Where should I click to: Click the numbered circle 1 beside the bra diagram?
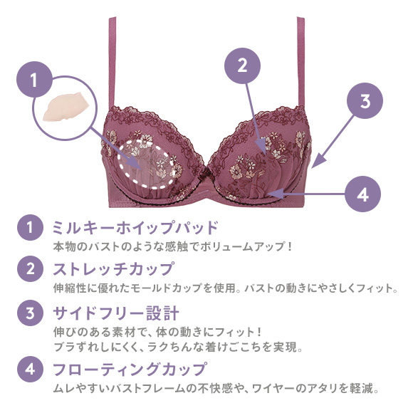point(34,79)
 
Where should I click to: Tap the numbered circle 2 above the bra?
point(242,66)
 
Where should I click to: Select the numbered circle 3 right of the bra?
point(365,100)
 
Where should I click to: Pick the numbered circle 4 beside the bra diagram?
point(362,194)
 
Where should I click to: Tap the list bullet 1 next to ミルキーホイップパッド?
point(30,227)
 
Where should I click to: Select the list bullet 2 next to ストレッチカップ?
point(30,268)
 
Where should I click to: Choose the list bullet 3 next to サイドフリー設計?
point(30,313)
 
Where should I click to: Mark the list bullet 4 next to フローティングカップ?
point(30,369)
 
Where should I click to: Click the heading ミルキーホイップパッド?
point(135,227)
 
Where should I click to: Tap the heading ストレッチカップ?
point(113,268)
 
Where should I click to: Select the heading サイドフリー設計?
point(116,313)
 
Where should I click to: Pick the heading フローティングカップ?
point(130,369)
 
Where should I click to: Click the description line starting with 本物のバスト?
point(173,246)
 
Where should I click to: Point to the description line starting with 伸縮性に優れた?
point(226,288)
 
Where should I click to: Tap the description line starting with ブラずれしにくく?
point(178,347)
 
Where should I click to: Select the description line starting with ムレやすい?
point(216,388)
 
